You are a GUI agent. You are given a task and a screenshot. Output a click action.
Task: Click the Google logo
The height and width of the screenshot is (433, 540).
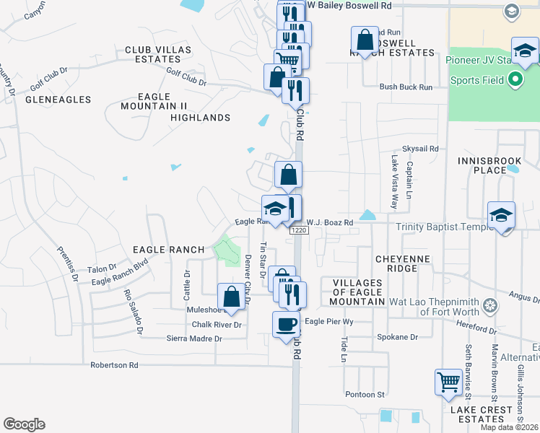[x=24, y=424]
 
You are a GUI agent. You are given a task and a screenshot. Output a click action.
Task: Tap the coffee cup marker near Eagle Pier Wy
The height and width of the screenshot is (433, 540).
[x=286, y=323]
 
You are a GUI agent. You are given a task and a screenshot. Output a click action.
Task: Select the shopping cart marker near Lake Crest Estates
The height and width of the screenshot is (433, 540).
[x=448, y=381]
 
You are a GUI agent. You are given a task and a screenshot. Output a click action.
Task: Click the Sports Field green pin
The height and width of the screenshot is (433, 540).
[x=515, y=79]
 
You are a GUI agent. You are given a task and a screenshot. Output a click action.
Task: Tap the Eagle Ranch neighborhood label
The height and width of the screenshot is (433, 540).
[x=169, y=250]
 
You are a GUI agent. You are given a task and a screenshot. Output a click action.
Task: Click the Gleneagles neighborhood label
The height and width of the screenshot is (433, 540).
[x=58, y=100]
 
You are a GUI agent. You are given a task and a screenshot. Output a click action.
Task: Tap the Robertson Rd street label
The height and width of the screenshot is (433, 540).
[x=114, y=365]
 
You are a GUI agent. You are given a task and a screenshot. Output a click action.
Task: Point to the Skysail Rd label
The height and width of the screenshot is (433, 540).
[x=421, y=149]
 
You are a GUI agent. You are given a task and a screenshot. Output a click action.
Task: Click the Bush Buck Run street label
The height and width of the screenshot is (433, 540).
[x=406, y=87]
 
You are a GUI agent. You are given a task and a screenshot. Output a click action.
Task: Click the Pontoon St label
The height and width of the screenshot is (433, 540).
[x=365, y=394]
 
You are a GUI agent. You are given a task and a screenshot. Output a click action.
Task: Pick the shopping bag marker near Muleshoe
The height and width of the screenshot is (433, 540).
[x=231, y=297]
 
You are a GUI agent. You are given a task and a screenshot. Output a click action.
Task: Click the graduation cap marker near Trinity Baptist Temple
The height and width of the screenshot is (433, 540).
[x=501, y=214]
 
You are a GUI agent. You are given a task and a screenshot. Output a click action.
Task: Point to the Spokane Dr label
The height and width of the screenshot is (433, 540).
[x=399, y=337]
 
